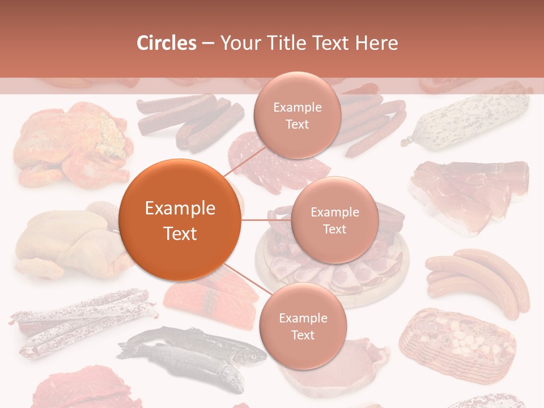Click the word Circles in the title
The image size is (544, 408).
tap(166, 43)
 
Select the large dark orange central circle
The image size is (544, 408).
tap(180, 220)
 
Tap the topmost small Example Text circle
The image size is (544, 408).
tap(296, 115)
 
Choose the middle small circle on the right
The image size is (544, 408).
tap(334, 220)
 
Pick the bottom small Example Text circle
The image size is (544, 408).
tap(303, 326)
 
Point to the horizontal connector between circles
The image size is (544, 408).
tap(266, 220)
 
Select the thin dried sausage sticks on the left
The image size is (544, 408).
tap(82, 323)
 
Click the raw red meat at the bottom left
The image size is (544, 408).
tap(85, 388)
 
